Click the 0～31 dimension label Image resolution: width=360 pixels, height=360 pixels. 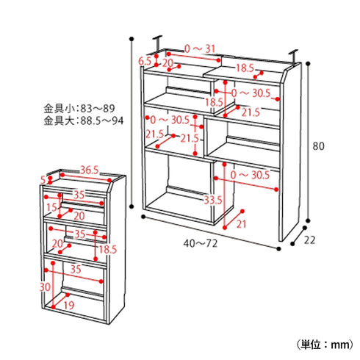[200, 49]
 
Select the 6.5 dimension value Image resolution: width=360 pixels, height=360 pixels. [145, 61]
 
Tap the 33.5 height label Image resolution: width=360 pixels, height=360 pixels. [212, 200]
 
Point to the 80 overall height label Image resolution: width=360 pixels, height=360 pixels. [317, 146]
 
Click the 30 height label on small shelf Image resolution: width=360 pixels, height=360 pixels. [45, 286]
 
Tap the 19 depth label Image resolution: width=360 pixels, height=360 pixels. [68, 306]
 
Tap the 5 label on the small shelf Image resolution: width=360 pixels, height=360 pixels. [43, 179]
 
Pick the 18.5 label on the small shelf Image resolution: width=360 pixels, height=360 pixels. [107, 250]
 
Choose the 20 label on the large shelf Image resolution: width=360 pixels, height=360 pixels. [168, 63]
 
